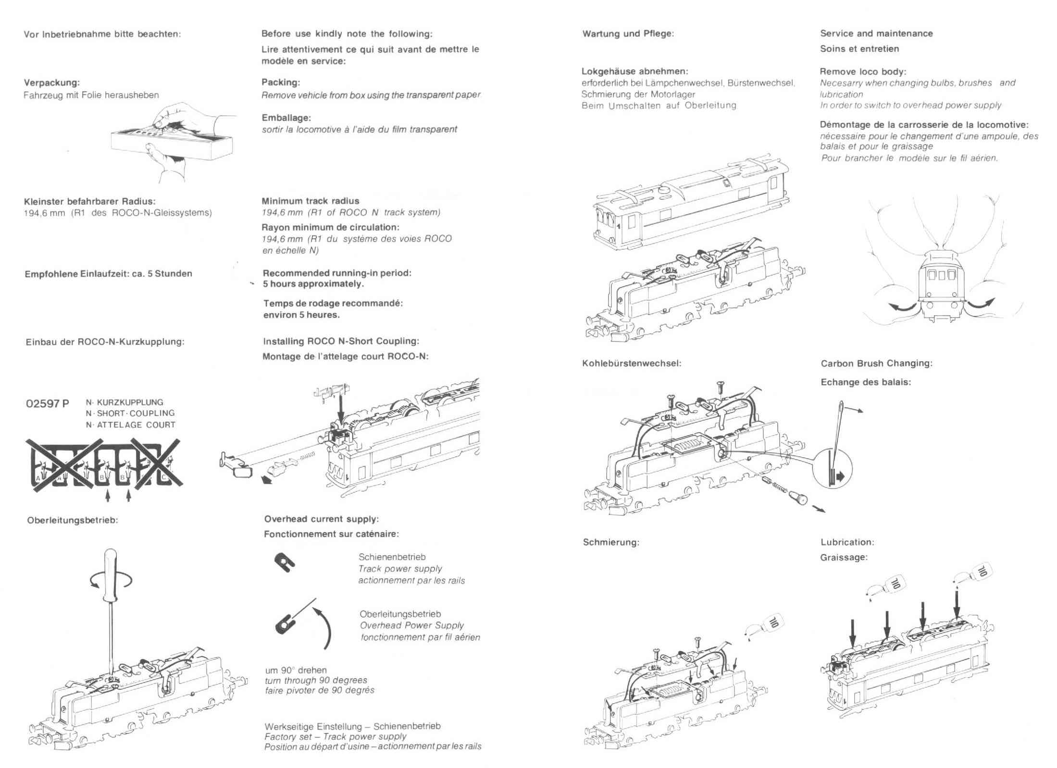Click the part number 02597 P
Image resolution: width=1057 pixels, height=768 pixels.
tap(47, 404)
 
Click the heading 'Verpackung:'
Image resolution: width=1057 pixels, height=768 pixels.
tap(52, 83)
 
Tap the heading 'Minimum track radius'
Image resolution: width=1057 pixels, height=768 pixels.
tap(310, 201)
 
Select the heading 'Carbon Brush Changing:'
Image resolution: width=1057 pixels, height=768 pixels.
tap(876, 364)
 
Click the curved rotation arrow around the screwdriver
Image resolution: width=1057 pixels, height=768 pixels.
tap(111, 581)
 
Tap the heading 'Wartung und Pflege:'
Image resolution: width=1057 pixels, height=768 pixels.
tap(628, 34)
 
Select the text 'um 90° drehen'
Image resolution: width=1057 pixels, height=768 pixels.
tap(296, 670)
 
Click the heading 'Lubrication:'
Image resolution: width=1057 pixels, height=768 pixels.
tap(847, 542)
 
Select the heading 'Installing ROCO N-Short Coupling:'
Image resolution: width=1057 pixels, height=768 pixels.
tap(341, 341)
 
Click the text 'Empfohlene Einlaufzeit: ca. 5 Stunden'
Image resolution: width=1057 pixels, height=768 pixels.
tap(108, 274)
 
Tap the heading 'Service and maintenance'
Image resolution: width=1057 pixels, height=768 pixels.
tap(876, 34)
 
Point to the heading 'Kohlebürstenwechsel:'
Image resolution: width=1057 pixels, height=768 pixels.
tap(631, 364)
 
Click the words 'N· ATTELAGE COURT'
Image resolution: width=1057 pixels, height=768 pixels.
tap(130, 425)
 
